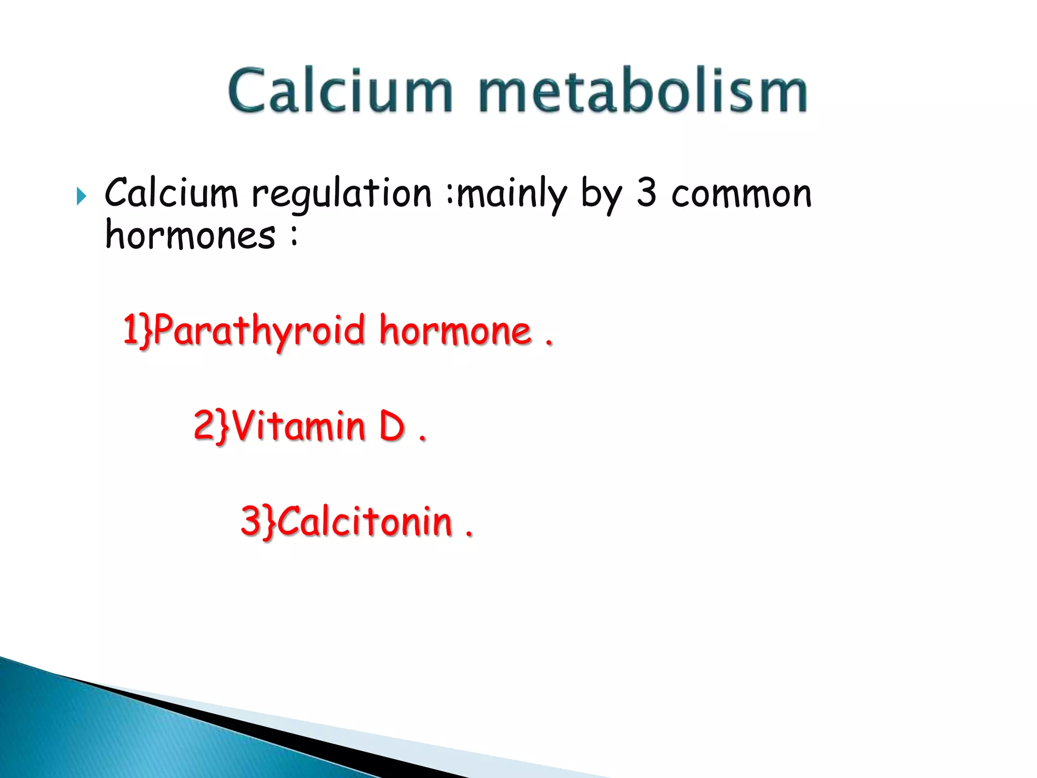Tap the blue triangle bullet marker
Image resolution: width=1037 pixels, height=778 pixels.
click(x=82, y=196)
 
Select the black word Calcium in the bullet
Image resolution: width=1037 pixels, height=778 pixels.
click(x=171, y=193)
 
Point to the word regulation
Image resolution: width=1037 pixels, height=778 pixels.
click(x=342, y=194)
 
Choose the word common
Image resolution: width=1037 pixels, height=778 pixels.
click(x=741, y=194)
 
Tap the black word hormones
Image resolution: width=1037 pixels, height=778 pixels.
click(x=190, y=236)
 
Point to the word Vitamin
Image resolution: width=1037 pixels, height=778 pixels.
click(x=299, y=425)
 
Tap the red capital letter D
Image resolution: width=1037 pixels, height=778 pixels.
click(x=392, y=425)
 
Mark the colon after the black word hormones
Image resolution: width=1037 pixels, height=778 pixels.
click(x=294, y=237)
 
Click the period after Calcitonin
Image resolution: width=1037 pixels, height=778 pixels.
click(x=469, y=534)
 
